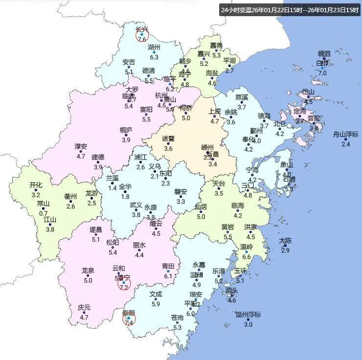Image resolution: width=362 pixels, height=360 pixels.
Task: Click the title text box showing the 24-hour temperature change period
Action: (x=290, y=10)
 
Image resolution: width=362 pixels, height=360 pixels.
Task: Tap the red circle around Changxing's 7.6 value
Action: (x=141, y=34)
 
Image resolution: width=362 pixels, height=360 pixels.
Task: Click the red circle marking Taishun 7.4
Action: (x=129, y=319)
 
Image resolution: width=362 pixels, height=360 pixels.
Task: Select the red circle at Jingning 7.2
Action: (x=124, y=284)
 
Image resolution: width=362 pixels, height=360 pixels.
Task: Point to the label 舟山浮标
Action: (x=346, y=135)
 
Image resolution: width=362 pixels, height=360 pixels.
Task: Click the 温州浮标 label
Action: (x=248, y=315)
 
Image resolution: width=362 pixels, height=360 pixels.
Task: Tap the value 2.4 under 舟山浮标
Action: (x=346, y=144)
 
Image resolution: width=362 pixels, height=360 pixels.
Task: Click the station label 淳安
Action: (x=81, y=147)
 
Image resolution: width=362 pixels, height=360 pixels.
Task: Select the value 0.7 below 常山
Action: (x=44, y=213)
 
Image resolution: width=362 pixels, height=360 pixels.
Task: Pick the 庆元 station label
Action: (x=84, y=308)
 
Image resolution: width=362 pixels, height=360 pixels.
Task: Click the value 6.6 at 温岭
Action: (x=247, y=257)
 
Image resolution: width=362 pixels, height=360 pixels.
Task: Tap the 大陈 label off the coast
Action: (x=285, y=241)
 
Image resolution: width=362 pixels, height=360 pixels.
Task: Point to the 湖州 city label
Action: (x=154, y=47)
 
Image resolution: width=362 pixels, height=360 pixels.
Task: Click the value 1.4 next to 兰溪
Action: (x=113, y=188)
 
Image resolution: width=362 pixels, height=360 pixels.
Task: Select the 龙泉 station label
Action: (x=88, y=270)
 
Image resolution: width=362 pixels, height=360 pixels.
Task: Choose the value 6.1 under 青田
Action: (x=168, y=276)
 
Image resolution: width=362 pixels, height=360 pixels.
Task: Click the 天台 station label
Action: (x=219, y=183)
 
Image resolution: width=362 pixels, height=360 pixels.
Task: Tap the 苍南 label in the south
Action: (x=178, y=318)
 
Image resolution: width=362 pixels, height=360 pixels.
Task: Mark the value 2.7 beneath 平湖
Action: (x=229, y=70)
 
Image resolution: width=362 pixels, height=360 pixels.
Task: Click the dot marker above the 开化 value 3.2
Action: (x=36, y=190)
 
